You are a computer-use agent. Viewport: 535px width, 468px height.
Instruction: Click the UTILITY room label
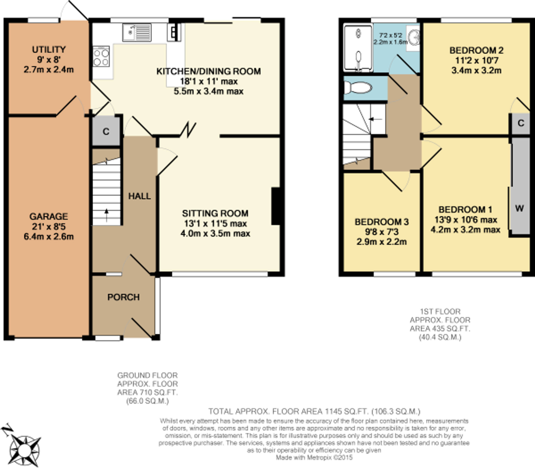point(49,49)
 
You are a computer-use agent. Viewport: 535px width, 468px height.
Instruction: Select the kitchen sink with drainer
point(137,33)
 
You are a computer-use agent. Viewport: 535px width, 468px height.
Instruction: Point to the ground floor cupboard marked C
point(106,131)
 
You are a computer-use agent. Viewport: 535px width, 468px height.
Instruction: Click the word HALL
point(139,196)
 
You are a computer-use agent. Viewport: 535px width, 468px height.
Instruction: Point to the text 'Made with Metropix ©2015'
point(314,457)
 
